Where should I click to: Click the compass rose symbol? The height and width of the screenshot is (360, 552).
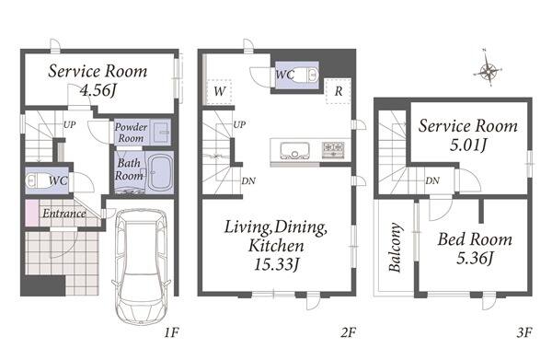[488, 71]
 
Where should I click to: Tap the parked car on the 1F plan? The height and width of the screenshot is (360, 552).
[142, 267]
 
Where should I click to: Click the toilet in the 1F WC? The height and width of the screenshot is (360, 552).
[37, 181]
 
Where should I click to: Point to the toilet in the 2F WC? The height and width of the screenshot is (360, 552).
[305, 75]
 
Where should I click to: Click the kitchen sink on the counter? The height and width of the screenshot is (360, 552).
[294, 150]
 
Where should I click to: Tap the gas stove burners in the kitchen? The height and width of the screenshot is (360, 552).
[333, 149]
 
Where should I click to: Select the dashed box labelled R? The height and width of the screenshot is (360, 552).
[339, 91]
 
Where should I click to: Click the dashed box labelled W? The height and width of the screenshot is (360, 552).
[219, 91]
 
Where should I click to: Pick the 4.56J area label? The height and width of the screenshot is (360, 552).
[98, 90]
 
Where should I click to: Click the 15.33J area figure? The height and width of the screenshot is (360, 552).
[276, 264]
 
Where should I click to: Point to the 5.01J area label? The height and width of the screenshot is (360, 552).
[468, 145]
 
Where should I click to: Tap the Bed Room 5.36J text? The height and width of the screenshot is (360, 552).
[475, 249]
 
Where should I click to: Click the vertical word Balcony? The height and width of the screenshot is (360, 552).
[395, 247]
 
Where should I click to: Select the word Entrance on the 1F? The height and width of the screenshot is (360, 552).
[64, 213]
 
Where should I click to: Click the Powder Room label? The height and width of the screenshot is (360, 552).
[131, 133]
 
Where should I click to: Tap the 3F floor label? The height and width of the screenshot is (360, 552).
[524, 332]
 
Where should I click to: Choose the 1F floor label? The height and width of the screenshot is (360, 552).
[172, 332]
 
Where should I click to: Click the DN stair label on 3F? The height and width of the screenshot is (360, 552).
[432, 180]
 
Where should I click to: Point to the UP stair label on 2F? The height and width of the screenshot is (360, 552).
[239, 124]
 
